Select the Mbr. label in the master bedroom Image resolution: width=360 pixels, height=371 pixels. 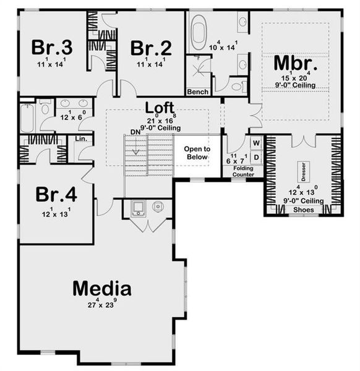296,64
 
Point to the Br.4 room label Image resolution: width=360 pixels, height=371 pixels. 56,195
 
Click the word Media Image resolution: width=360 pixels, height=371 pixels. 101,288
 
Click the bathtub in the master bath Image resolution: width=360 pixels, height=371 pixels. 199,32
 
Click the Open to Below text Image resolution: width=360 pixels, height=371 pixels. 197,153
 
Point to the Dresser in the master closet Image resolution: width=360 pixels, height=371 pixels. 304,169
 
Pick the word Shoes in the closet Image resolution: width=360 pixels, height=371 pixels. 303,210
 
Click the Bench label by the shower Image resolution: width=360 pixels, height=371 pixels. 198,92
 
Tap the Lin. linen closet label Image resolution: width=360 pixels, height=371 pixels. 80,139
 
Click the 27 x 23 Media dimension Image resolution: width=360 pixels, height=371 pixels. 101,304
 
